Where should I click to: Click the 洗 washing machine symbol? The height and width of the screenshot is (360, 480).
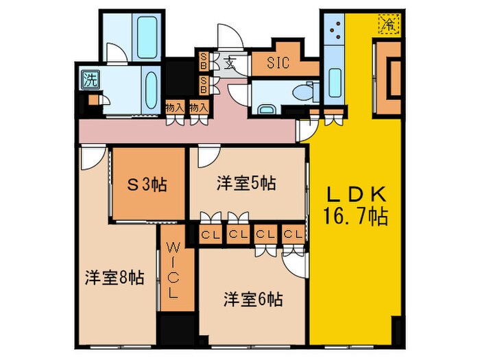[x=90, y=78]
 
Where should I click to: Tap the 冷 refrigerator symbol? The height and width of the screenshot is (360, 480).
[x=389, y=25]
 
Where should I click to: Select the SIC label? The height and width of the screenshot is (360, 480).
[x=278, y=63]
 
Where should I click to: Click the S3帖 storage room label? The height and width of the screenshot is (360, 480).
[x=149, y=184]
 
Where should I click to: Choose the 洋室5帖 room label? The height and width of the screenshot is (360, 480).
[x=247, y=183]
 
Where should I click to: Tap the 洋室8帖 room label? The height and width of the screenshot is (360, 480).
[x=115, y=278]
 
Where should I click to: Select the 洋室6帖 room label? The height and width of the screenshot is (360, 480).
[x=253, y=299]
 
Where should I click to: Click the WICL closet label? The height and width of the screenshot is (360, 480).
[x=172, y=269]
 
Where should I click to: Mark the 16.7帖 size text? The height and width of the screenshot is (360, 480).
[x=355, y=217]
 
